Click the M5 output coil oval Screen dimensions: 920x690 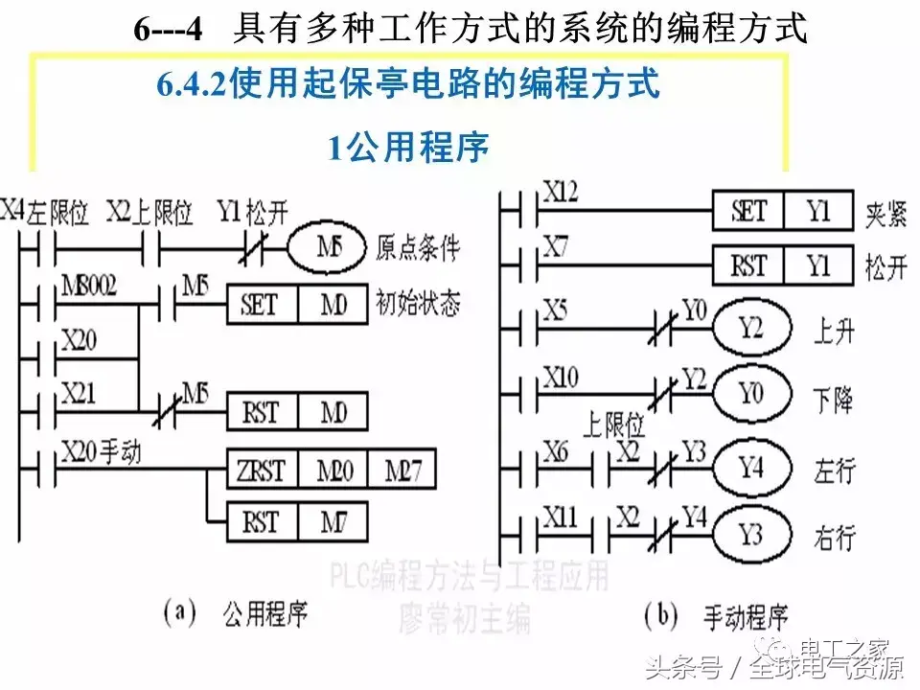tap(327, 249)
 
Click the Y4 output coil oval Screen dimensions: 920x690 tap(751, 470)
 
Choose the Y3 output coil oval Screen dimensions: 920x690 tap(751, 535)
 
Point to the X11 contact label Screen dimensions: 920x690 tap(561, 518)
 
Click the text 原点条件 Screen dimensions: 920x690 tap(417, 249)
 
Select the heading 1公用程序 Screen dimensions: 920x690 tap(409, 148)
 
